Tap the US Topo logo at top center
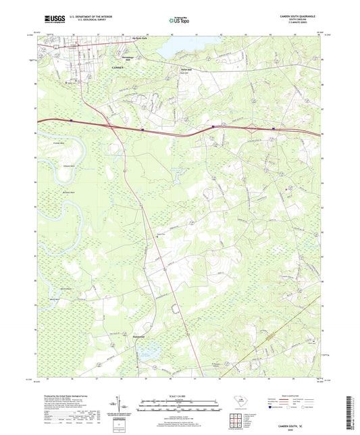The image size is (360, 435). (x=178, y=21)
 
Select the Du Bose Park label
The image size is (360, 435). (x=139, y=39)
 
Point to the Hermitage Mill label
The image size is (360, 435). (x=118, y=59)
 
